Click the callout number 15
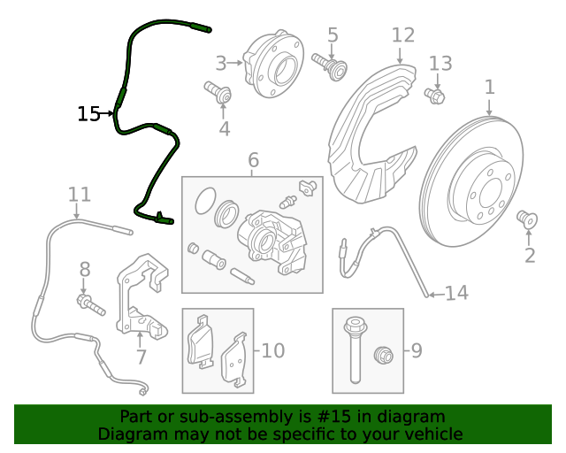coord(88,114)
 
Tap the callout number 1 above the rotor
coord(489,88)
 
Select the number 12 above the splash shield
coord(402,35)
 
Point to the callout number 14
coord(456,293)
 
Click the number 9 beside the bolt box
coord(416,351)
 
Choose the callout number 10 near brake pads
coord(272,351)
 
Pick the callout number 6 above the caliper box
coord(253,160)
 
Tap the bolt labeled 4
coord(218,92)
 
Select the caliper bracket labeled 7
coord(141,296)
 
